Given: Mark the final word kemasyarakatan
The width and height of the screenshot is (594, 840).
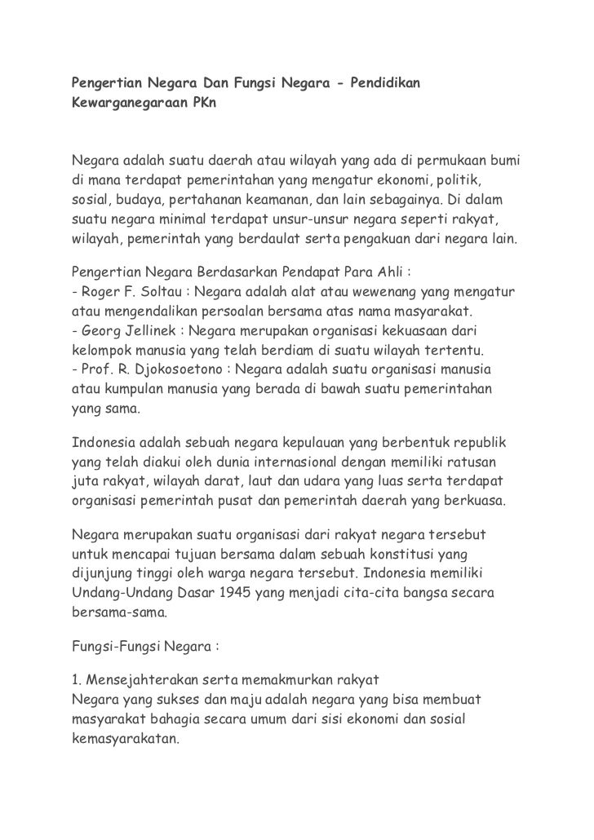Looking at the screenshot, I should (x=124, y=743).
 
